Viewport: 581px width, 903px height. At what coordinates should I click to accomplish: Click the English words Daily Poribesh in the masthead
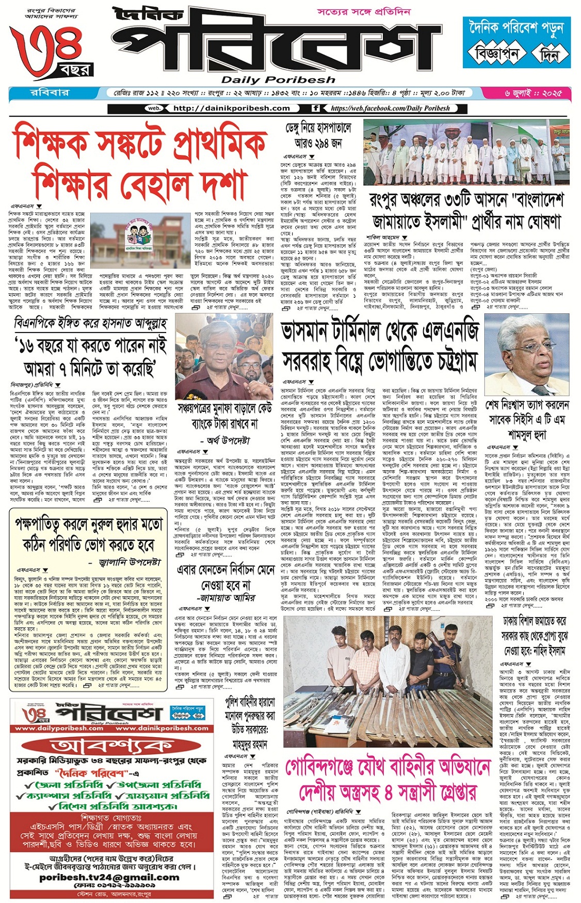(278, 80)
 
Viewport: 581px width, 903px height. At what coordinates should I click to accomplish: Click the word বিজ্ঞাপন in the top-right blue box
(494, 54)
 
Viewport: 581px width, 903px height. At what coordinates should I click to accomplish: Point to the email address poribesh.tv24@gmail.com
(109, 877)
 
